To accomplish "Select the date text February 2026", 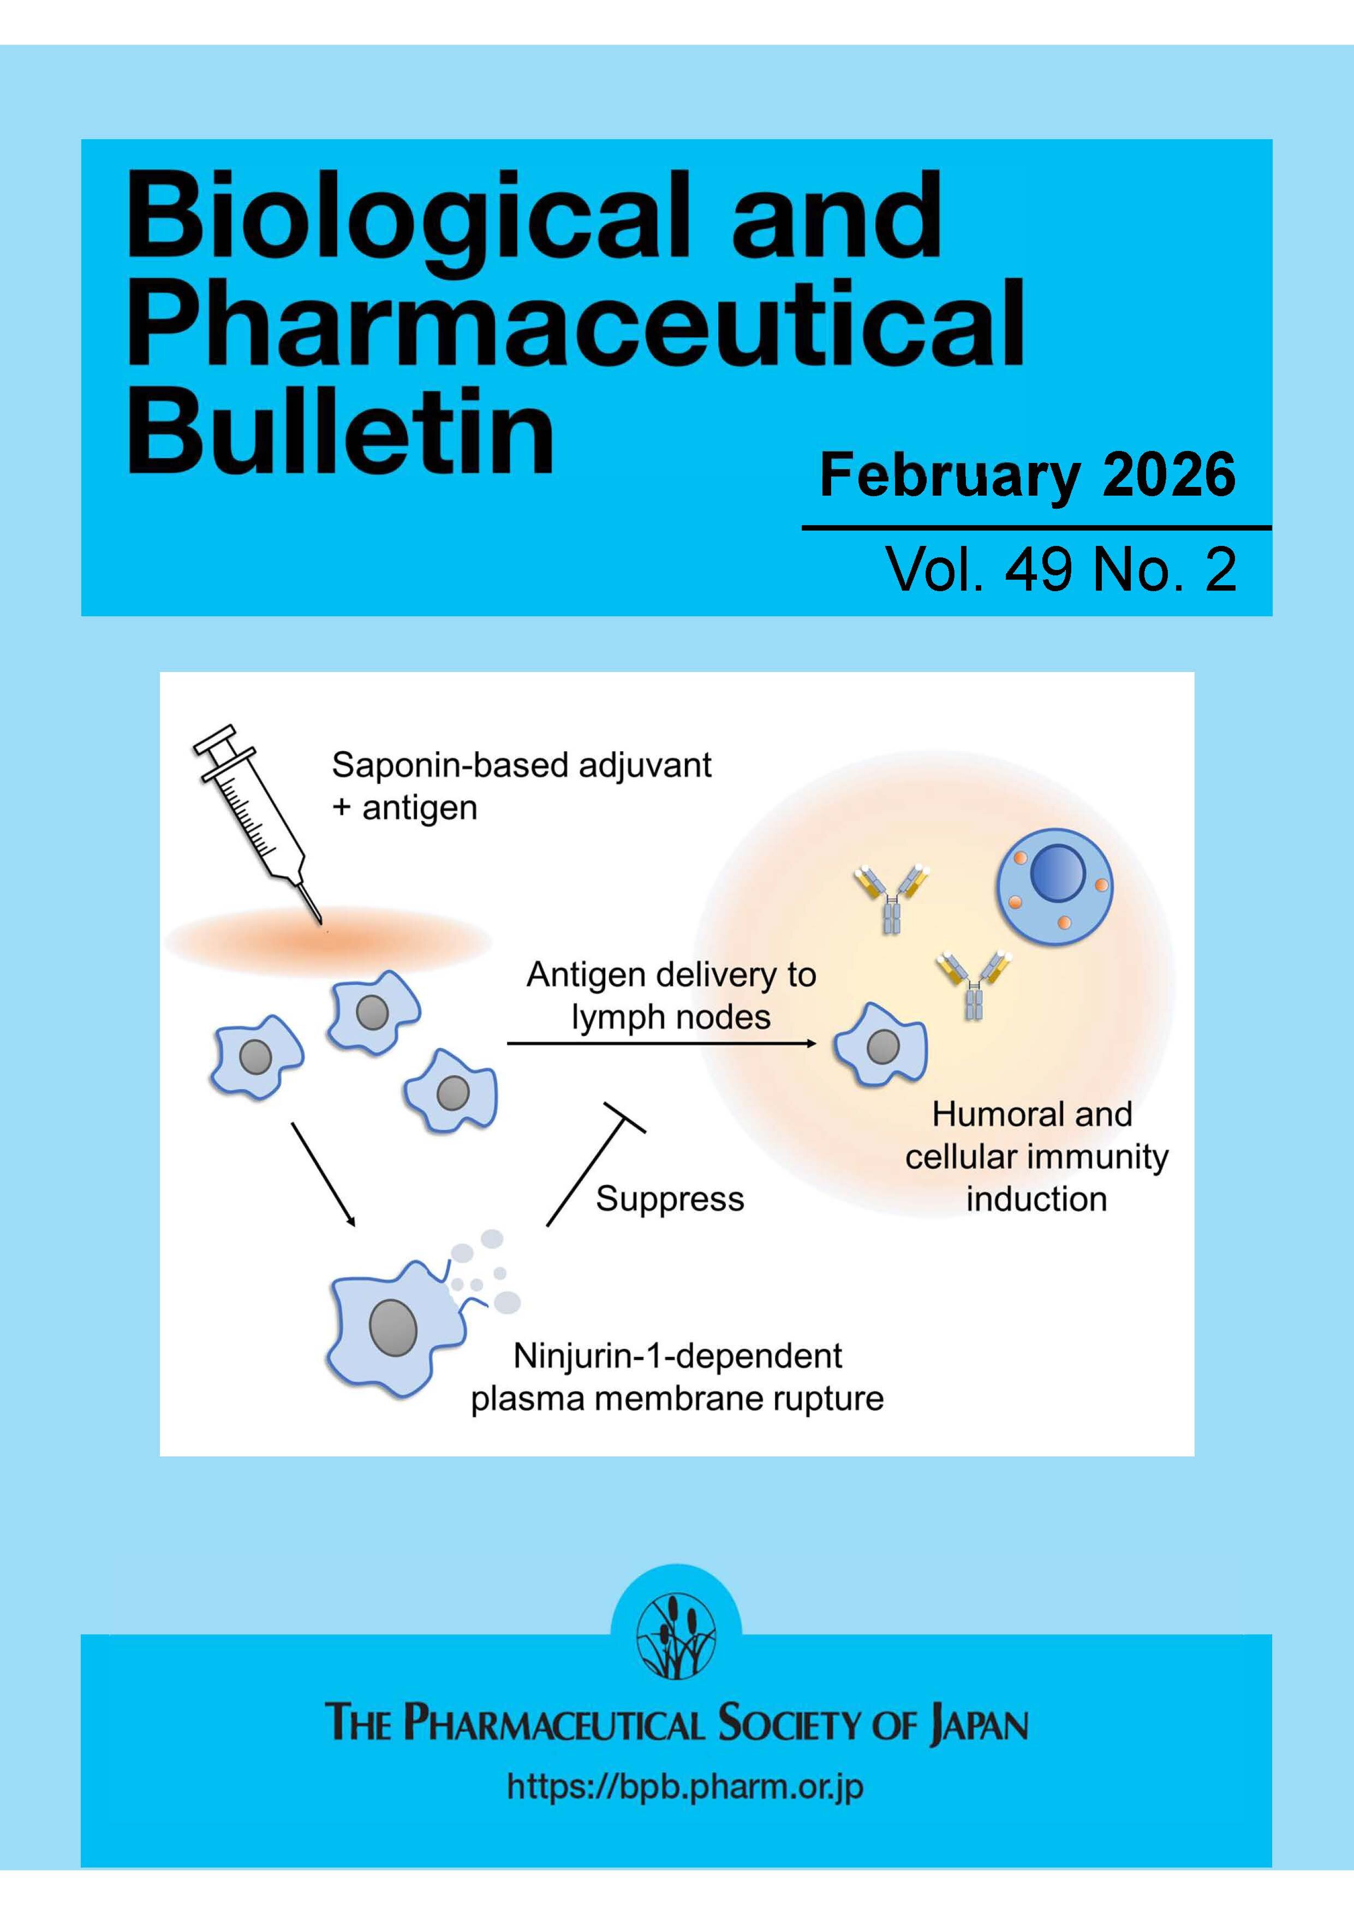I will click(1027, 475).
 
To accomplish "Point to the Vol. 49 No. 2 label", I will click(1060, 570).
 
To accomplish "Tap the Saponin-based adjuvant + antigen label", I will click(521, 786).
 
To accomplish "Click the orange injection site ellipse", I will click(327, 942).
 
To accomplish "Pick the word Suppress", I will click(670, 1199).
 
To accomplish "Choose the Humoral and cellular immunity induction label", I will click(1035, 1156).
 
